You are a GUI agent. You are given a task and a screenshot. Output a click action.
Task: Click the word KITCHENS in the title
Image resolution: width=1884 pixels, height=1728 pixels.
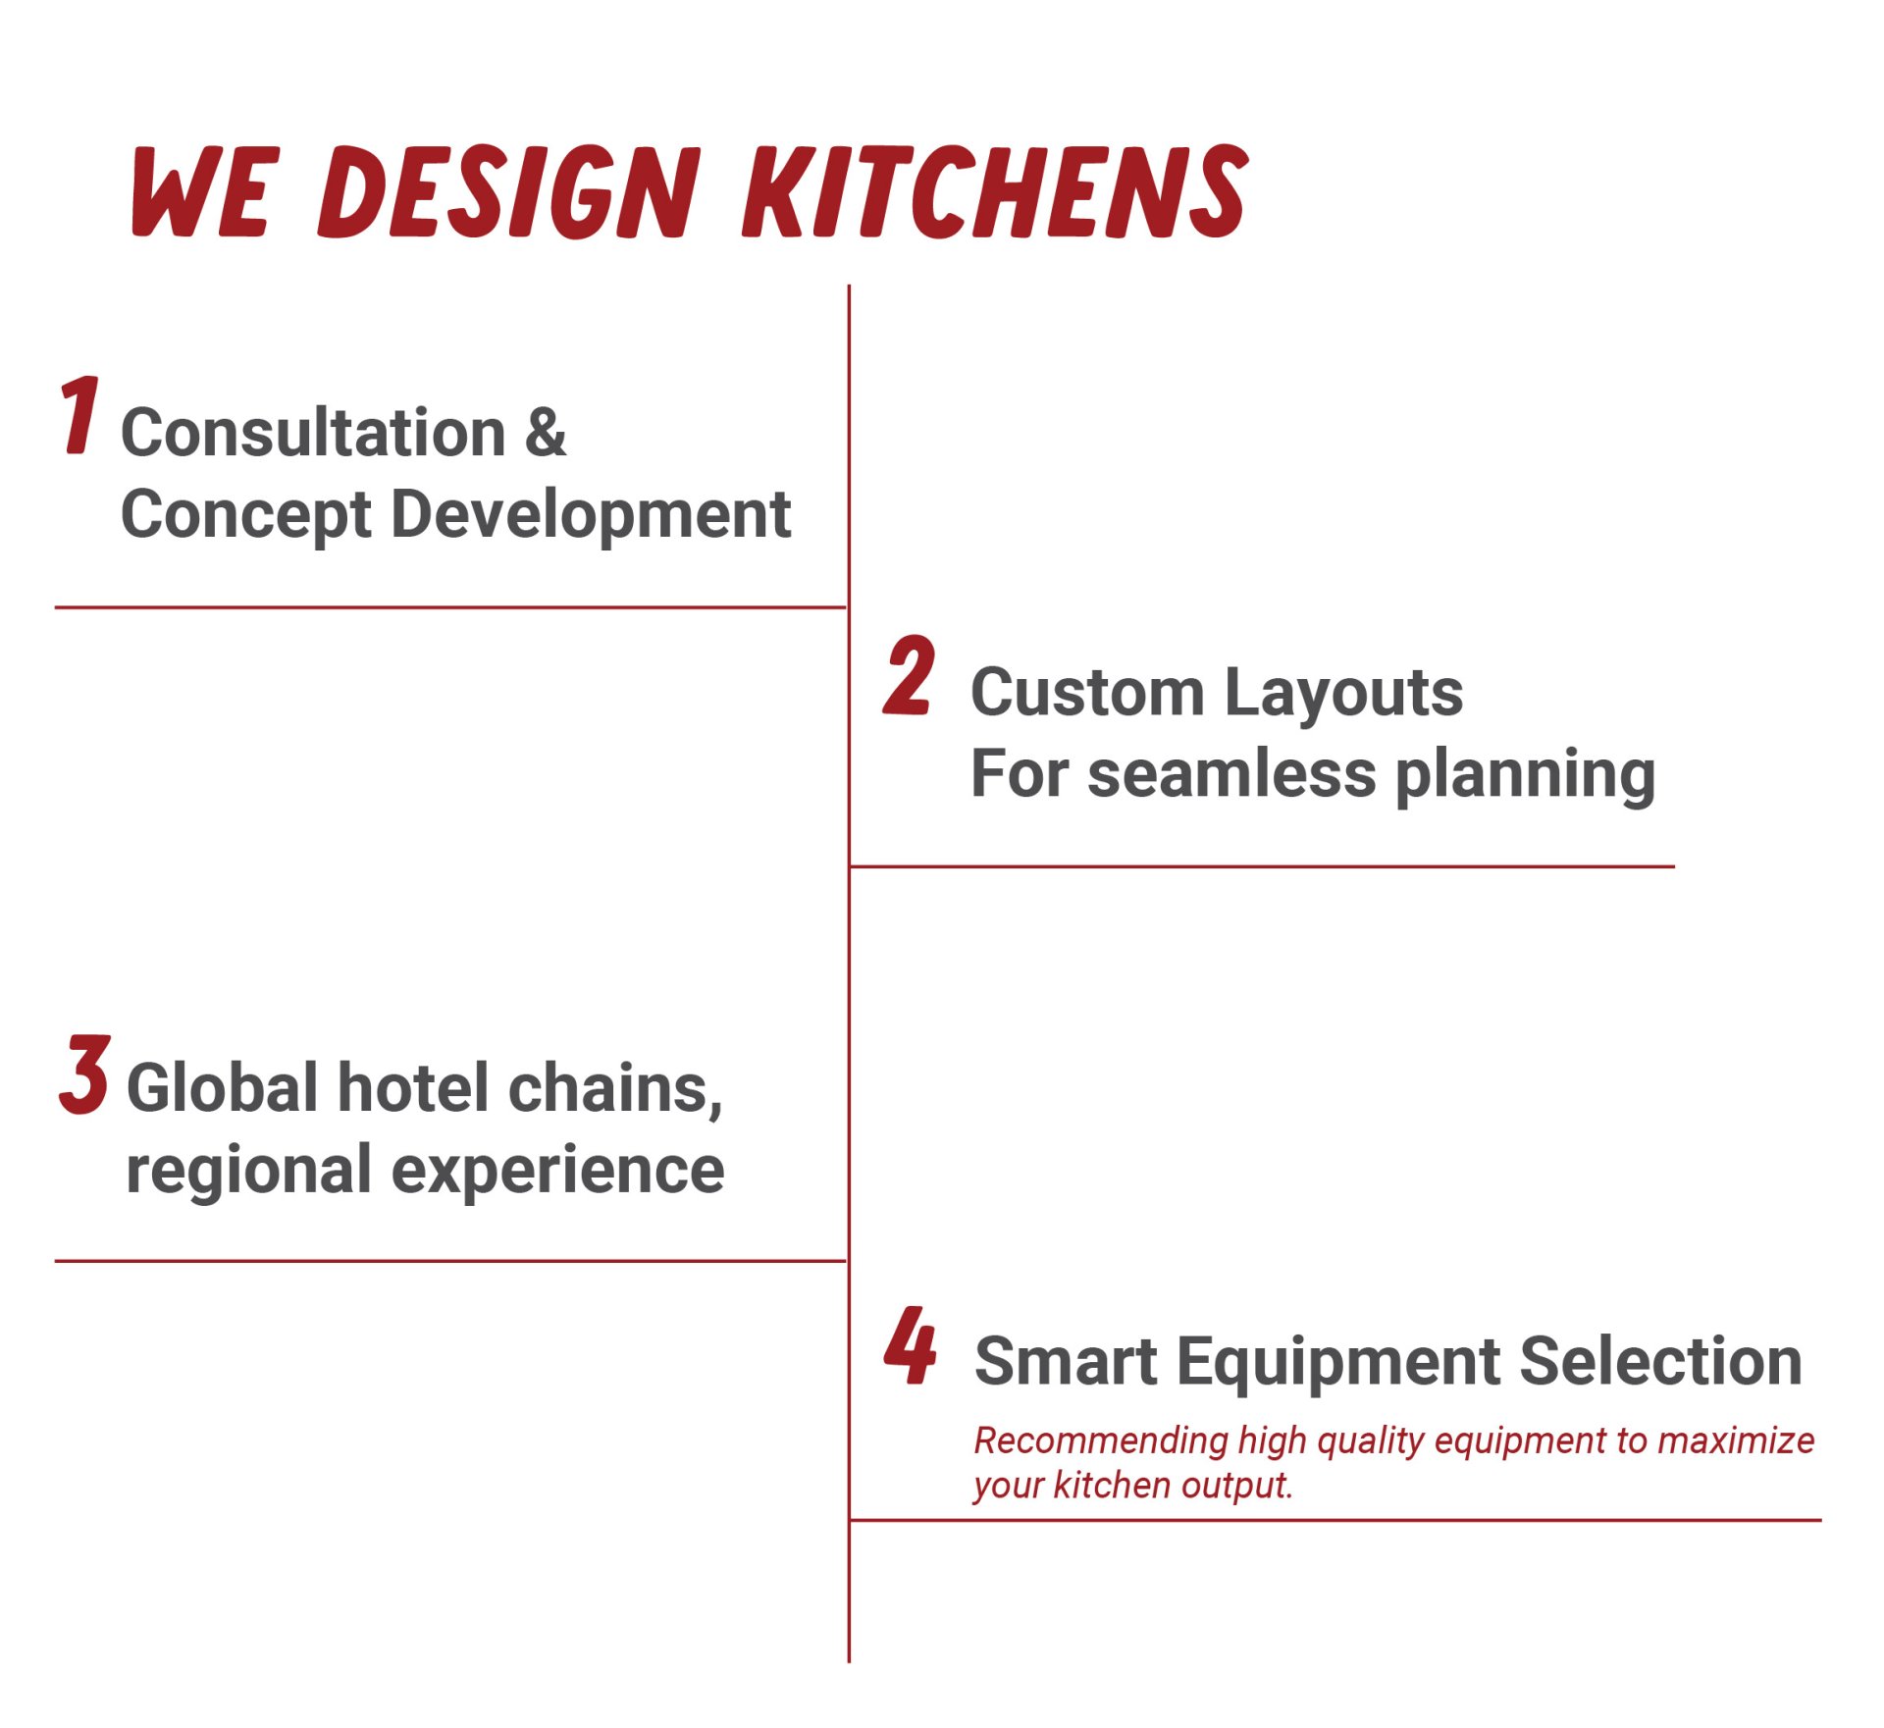tap(995, 190)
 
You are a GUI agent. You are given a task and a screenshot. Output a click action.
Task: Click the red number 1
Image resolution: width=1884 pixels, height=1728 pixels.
tap(78, 415)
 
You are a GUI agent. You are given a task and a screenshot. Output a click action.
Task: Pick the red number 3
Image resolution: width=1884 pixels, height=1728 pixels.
tap(84, 1074)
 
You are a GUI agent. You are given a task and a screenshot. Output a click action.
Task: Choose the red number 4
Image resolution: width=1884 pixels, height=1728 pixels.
tap(911, 1345)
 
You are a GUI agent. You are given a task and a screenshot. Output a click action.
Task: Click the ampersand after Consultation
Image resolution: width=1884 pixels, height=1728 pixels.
tap(546, 433)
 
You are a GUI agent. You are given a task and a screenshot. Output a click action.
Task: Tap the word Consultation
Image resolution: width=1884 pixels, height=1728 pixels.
tap(313, 433)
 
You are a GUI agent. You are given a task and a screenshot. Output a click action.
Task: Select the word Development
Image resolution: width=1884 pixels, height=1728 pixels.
tap(591, 514)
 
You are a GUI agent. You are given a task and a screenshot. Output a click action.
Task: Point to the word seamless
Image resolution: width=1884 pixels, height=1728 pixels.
tap(1232, 774)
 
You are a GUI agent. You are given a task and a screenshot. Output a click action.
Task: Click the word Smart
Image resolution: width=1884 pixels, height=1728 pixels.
tap(1066, 1362)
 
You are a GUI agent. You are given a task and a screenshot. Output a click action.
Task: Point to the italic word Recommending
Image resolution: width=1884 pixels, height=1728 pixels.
tap(1101, 1442)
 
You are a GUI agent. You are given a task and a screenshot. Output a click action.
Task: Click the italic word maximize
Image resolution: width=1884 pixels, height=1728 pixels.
tap(1736, 1440)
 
